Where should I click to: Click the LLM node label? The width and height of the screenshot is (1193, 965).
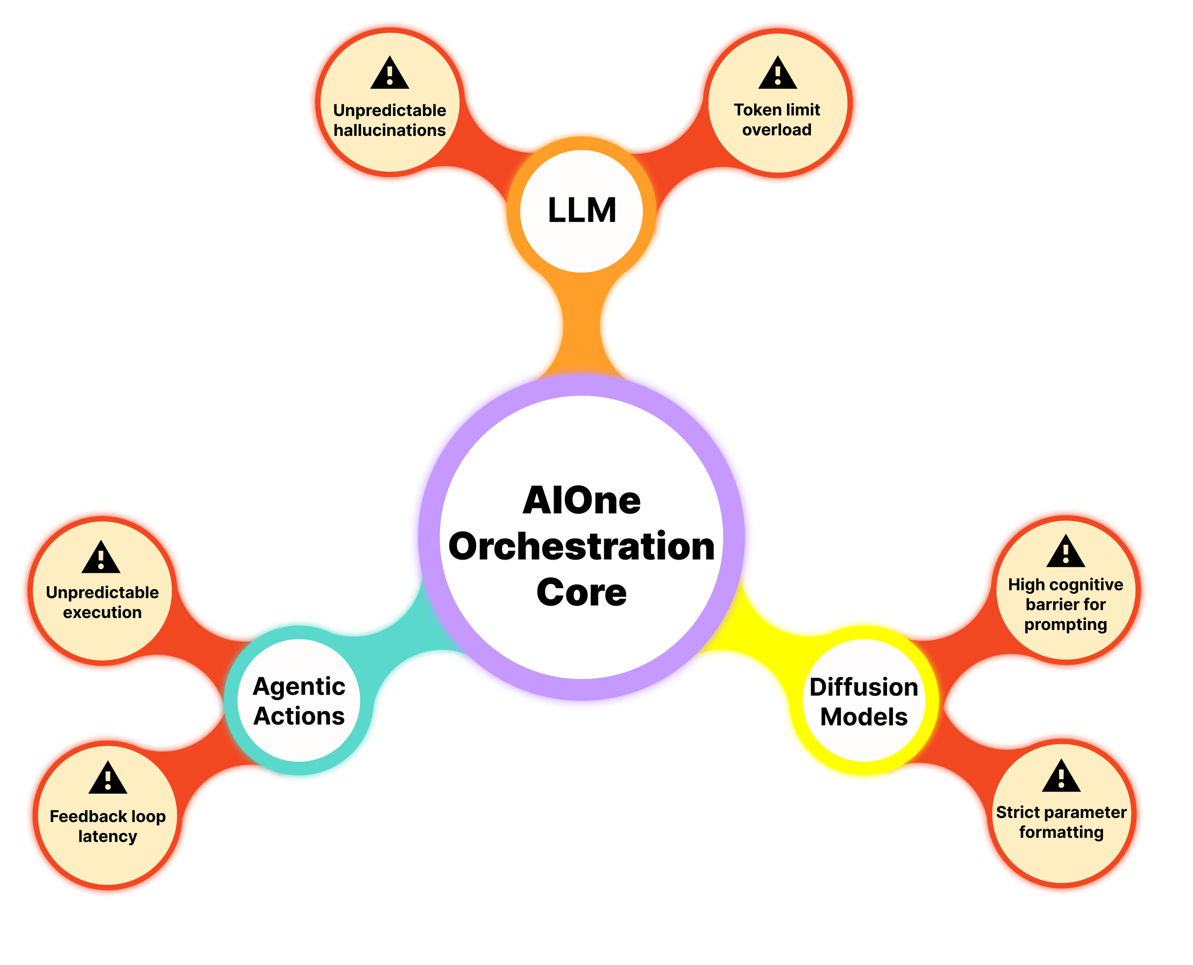(x=582, y=211)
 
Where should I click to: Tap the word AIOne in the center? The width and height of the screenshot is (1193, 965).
(x=582, y=501)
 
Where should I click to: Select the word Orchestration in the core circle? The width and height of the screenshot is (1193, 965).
(x=582, y=547)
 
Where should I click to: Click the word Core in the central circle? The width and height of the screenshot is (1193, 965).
(x=582, y=592)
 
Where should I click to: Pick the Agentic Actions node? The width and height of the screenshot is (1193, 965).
(x=299, y=701)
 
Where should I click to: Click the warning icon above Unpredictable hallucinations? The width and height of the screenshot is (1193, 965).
(x=390, y=74)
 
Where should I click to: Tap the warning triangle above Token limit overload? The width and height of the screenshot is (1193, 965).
(x=777, y=74)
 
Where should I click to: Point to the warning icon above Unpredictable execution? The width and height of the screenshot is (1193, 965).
(x=101, y=558)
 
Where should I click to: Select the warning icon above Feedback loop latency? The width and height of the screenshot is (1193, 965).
(x=108, y=779)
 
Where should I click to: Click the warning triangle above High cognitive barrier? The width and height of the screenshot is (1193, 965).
(x=1066, y=552)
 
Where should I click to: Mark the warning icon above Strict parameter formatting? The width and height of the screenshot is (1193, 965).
(x=1061, y=777)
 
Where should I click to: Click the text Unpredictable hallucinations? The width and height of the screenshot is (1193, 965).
(x=390, y=120)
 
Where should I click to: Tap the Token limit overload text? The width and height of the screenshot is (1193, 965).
(x=777, y=120)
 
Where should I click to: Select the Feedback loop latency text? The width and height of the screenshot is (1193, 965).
(x=108, y=826)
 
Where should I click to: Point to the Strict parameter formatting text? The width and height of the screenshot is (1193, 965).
(x=1061, y=822)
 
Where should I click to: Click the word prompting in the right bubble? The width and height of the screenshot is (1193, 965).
(x=1066, y=625)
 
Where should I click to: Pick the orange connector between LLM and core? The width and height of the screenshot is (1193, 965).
(x=582, y=328)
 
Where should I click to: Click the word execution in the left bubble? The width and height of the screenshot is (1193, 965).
(x=102, y=612)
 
